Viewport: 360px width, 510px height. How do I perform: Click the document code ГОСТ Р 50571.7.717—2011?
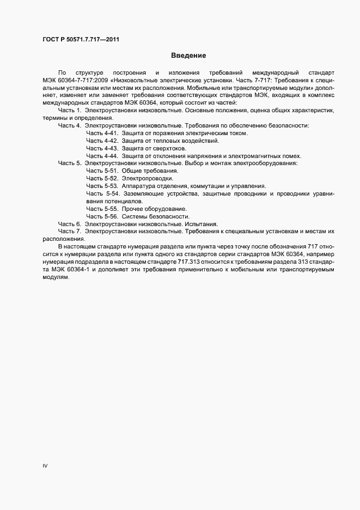81,39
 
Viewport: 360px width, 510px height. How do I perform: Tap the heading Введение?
188,56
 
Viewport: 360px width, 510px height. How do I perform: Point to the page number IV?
45,466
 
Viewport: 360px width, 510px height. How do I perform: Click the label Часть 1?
70,110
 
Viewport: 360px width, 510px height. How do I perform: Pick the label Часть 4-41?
102,133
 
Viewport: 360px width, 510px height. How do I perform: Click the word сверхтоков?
168,148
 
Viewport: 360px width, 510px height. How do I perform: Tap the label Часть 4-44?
102,156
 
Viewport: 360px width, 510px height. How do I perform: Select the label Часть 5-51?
102,171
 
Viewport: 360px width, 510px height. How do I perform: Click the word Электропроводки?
148,179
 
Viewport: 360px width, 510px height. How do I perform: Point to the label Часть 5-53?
102,186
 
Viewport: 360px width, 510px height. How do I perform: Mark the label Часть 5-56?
102,216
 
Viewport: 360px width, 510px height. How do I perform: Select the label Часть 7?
70,232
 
